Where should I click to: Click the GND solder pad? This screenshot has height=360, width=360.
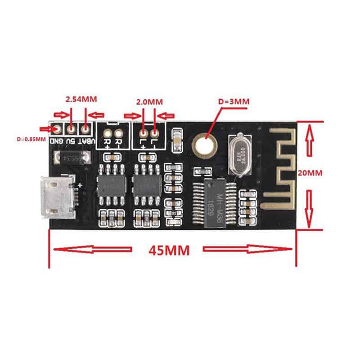point(57,129)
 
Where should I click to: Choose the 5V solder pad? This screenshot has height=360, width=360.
point(71,129)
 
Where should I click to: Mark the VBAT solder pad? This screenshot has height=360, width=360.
point(85,129)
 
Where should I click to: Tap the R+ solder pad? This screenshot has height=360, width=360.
point(108,133)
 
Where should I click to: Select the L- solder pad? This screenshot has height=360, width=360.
point(155,133)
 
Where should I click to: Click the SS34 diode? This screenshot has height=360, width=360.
point(72,158)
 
